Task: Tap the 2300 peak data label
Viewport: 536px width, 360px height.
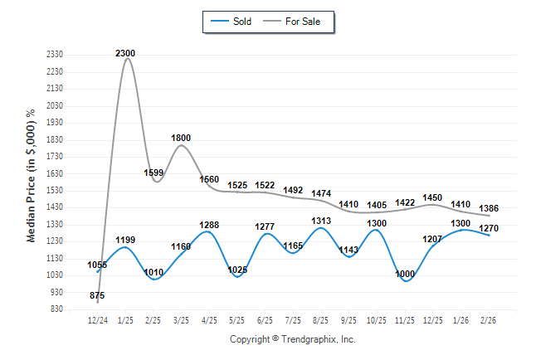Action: (x=125, y=53)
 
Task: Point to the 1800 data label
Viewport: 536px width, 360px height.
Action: (x=181, y=138)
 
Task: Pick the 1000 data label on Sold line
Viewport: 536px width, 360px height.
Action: (x=406, y=275)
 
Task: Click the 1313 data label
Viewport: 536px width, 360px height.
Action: (x=321, y=221)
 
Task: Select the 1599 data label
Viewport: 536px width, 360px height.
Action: (x=154, y=173)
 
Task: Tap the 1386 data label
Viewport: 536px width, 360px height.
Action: (x=489, y=207)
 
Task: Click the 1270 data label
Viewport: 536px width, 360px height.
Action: (x=489, y=227)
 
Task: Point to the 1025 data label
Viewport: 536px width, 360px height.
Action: (x=238, y=270)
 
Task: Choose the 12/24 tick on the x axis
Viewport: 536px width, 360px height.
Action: (x=98, y=319)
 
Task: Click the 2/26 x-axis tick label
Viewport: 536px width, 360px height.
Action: (x=489, y=319)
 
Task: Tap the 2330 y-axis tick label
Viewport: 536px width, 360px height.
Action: (x=55, y=54)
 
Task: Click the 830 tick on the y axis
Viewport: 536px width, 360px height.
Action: (x=57, y=309)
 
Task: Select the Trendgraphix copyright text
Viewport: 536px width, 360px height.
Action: (x=292, y=339)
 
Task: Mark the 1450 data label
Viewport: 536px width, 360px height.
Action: (x=433, y=197)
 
